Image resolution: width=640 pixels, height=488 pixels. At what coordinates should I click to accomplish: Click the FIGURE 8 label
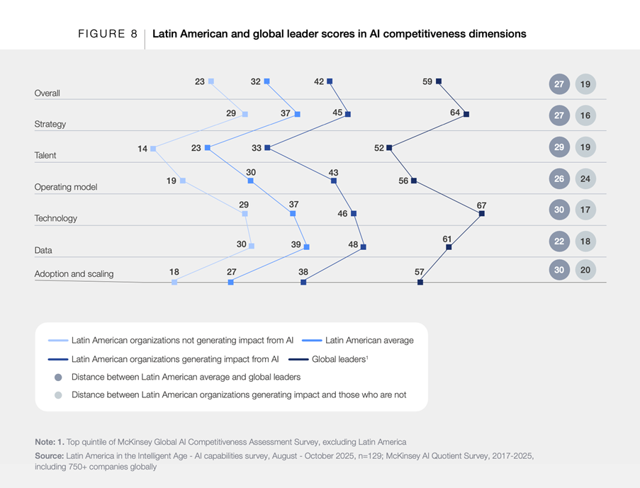pyautogui.click(x=107, y=33)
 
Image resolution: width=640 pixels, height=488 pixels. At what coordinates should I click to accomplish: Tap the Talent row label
pyautogui.click(x=45, y=155)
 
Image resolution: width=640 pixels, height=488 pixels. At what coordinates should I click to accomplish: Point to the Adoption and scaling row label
pyautogui.click(x=74, y=273)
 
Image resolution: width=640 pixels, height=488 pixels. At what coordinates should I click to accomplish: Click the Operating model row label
pyautogui.click(x=65, y=187)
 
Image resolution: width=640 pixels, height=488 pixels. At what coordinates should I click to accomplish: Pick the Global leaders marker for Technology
pyautogui.click(x=482, y=213)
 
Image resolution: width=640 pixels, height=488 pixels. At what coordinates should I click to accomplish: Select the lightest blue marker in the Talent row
pyautogui.click(x=153, y=149)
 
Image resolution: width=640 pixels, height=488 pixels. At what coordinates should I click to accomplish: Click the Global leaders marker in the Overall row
pyautogui.click(x=439, y=81)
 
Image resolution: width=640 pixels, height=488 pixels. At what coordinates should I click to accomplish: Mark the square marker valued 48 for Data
pyautogui.click(x=363, y=247)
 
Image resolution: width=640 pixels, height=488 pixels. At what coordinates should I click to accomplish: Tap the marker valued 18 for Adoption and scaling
pyautogui.click(x=174, y=282)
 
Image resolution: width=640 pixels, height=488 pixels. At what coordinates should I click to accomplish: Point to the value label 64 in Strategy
pyautogui.click(x=455, y=113)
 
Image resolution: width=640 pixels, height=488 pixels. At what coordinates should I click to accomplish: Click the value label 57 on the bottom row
pyautogui.click(x=420, y=272)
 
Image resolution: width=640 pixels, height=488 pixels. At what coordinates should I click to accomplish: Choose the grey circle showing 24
pyautogui.click(x=585, y=178)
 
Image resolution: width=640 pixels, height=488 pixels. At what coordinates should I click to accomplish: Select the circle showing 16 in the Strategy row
pyautogui.click(x=585, y=115)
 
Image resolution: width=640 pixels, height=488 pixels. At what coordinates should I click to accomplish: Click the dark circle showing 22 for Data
pyautogui.click(x=559, y=242)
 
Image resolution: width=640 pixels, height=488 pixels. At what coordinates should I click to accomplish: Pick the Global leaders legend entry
pyautogui.click(x=339, y=359)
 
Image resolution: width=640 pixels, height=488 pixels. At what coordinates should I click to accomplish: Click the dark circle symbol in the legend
pyautogui.click(x=58, y=377)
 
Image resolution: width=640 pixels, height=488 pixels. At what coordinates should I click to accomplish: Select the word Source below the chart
pyautogui.click(x=49, y=455)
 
